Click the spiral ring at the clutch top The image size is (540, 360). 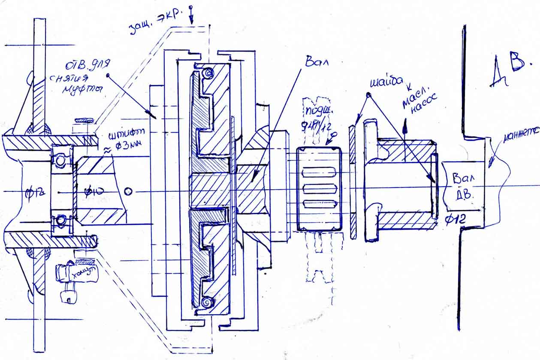tap(208, 73)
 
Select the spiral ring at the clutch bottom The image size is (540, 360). tap(206, 303)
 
